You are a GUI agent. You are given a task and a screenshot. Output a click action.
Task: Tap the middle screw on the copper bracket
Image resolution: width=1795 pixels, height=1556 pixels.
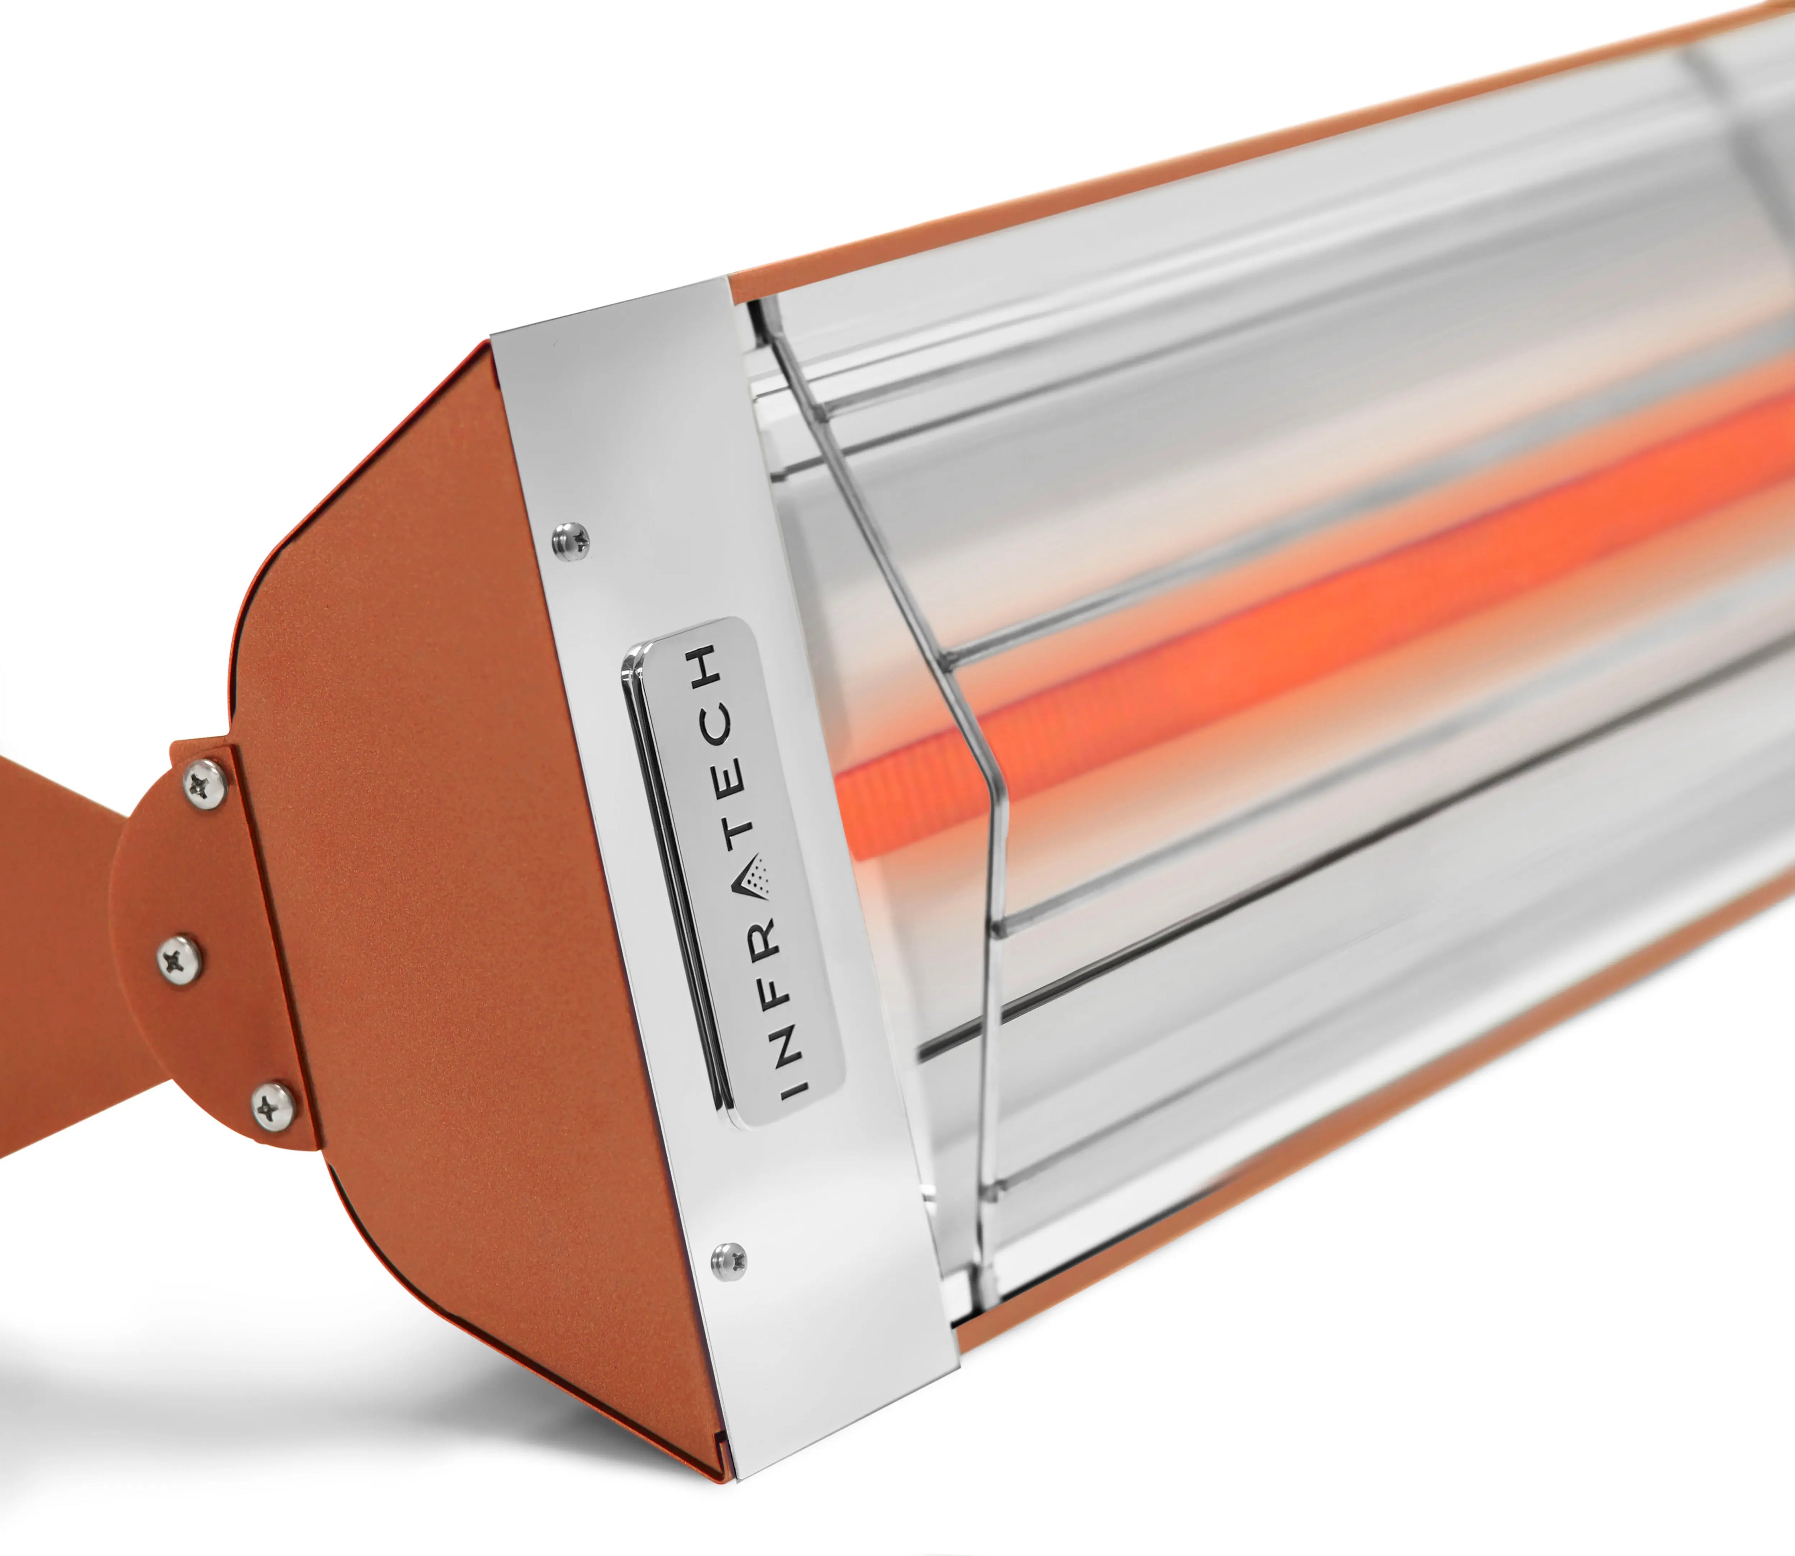pyautogui.click(x=181, y=958)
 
